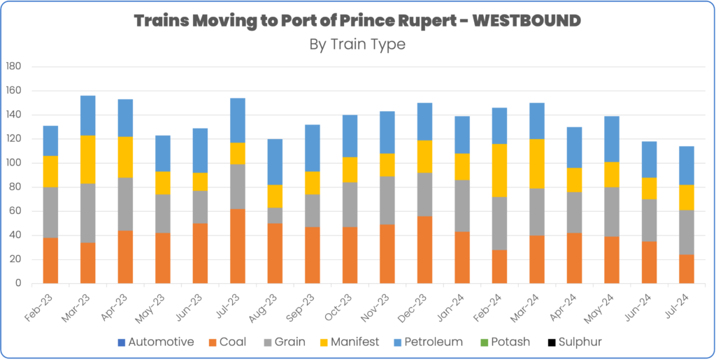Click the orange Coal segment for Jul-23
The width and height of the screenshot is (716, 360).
click(x=238, y=246)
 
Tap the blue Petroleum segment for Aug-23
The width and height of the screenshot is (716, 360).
click(x=275, y=161)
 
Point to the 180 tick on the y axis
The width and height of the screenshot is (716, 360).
click(x=13, y=66)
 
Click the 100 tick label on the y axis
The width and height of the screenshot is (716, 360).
click(x=13, y=163)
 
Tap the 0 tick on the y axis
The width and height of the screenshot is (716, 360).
click(x=19, y=284)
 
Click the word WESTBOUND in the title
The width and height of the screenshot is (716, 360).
click(x=526, y=21)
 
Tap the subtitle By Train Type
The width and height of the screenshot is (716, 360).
click(x=357, y=44)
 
